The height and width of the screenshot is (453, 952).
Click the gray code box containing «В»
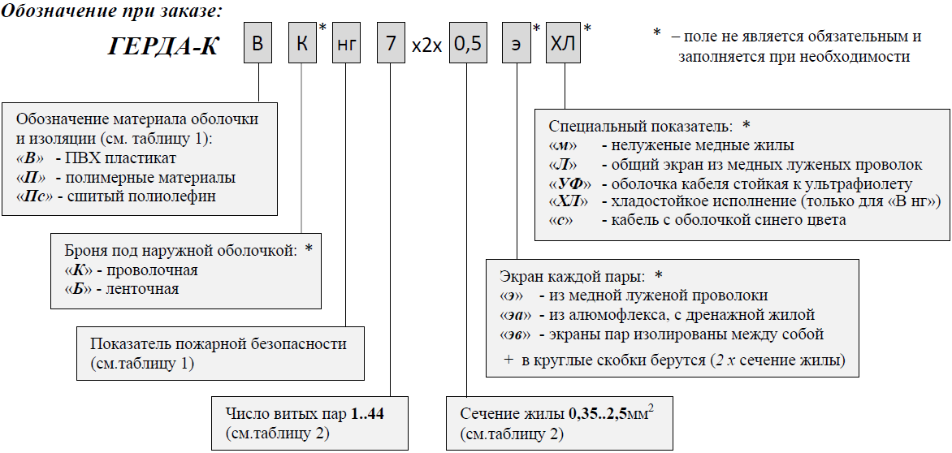(x=258, y=46)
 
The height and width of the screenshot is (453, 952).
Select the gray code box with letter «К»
(x=302, y=46)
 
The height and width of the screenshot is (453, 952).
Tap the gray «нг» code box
(x=346, y=46)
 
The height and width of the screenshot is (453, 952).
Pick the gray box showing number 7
(x=391, y=46)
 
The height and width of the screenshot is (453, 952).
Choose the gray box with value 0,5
(x=467, y=46)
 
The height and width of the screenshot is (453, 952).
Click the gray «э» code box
(x=516, y=46)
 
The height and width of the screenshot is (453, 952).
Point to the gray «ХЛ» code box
(x=563, y=46)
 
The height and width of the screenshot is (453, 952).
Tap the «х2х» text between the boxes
(x=427, y=47)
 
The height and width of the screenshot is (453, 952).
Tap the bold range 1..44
(x=367, y=414)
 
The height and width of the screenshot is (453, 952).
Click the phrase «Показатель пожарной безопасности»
(x=219, y=344)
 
